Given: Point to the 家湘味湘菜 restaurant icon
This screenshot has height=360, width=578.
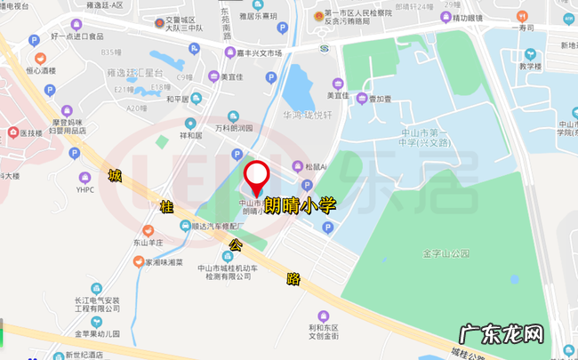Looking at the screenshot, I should pos(138,262).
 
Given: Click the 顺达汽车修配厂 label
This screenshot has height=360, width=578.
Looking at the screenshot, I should pos(218,226).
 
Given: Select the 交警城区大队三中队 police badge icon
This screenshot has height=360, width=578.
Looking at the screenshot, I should pos(159,20).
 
